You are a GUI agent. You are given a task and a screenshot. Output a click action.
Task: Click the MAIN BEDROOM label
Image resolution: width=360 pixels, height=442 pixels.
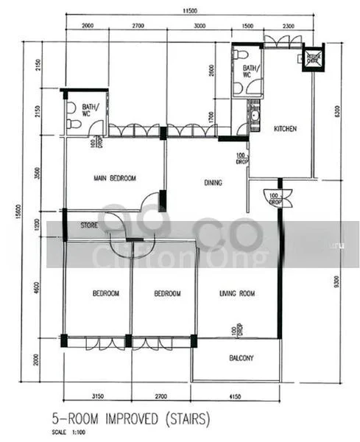pos(114,178)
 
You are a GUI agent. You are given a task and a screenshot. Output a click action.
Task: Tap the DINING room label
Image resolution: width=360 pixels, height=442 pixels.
pos(213,182)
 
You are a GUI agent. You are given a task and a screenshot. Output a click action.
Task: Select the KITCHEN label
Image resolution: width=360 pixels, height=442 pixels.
pos(285,129)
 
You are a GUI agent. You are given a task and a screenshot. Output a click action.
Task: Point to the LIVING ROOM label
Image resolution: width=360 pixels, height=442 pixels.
pos(236,294)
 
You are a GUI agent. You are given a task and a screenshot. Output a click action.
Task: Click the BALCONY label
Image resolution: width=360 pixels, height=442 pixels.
pos(236,359)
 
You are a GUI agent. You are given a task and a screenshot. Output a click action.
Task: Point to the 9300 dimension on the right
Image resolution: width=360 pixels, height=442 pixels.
pos(337,281)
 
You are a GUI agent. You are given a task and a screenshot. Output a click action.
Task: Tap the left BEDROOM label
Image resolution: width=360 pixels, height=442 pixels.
pos(105,294)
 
